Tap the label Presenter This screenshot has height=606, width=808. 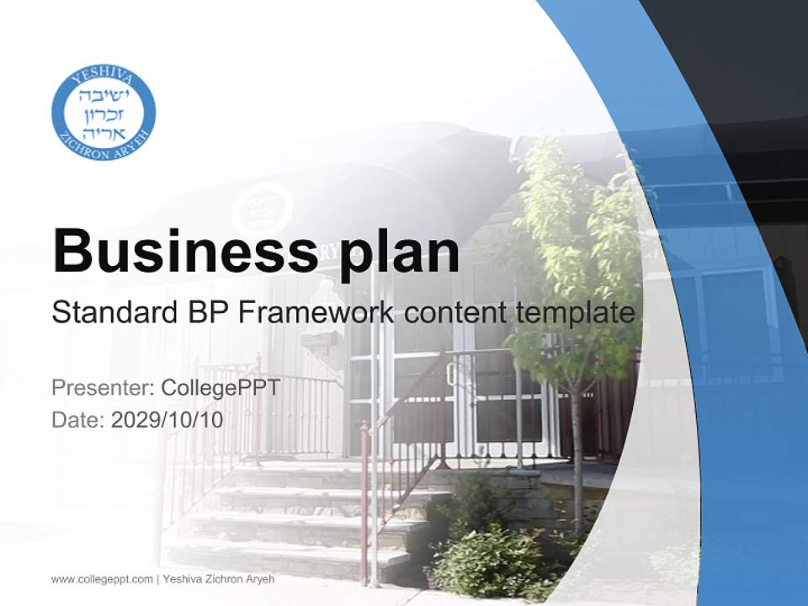coord(102,388)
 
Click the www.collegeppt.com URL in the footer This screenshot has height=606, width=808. coord(102,579)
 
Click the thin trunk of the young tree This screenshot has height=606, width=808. coord(577,454)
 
